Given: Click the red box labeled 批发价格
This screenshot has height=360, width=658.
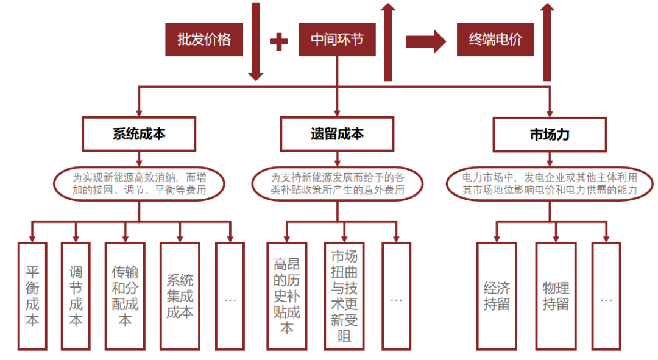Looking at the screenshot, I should (x=204, y=40).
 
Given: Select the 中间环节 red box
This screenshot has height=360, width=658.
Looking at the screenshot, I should (x=336, y=40).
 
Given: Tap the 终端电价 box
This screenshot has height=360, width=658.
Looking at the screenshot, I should (x=495, y=40).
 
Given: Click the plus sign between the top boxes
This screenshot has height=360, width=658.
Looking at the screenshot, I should (x=278, y=41).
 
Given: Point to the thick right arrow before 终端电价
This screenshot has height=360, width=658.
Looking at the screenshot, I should (x=426, y=41).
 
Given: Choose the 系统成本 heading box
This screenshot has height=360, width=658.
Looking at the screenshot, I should (x=139, y=134).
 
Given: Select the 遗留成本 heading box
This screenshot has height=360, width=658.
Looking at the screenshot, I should (x=336, y=134).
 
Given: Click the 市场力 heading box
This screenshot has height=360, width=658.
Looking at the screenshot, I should (x=550, y=134).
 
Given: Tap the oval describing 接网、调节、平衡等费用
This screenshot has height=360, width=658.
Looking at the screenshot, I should (x=139, y=184).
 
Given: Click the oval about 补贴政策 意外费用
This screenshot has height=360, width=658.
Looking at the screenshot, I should (x=337, y=184).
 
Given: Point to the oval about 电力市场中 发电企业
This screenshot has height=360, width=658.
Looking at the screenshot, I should (x=550, y=184).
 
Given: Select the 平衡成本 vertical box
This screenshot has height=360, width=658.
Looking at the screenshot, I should (x=32, y=295).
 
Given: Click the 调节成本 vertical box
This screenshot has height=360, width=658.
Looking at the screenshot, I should (x=76, y=295).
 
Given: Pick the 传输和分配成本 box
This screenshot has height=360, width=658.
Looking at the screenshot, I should (x=125, y=295).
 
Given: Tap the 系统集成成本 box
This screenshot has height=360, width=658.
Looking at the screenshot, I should (x=180, y=295).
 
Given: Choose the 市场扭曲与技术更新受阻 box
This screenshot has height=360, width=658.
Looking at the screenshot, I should (x=344, y=295).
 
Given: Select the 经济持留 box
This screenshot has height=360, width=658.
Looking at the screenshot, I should (x=497, y=295).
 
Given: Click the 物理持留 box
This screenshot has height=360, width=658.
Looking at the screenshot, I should (x=555, y=295).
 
